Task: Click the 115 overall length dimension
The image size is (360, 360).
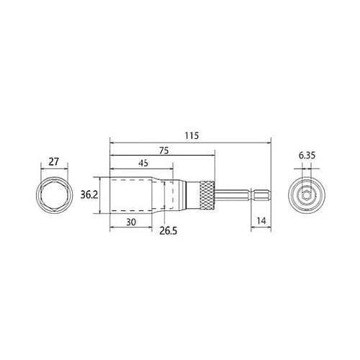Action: (x=192, y=136)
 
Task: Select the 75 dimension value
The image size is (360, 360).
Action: (x=164, y=150)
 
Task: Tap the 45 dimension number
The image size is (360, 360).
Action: (x=143, y=163)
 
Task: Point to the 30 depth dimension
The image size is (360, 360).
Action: (x=131, y=222)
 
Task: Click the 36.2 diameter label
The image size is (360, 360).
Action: (x=89, y=195)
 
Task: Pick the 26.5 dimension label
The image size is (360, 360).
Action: (x=168, y=231)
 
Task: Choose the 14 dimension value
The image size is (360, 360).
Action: (x=261, y=220)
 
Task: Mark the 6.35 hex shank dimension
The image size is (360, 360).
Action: (x=307, y=156)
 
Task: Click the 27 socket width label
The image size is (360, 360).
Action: (x=53, y=162)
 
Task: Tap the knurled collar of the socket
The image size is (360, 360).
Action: (x=207, y=196)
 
